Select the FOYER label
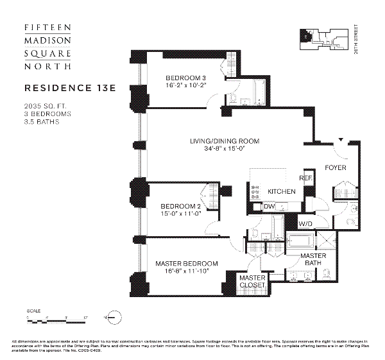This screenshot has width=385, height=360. [x=335, y=167]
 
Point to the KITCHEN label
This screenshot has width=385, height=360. [x=281, y=191]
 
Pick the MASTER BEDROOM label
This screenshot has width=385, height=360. [x=187, y=263]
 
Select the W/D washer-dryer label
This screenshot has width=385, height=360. [x=305, y=223]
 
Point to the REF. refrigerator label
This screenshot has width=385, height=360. [x=305, y=178]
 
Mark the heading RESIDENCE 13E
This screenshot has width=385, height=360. [x=69, y=87]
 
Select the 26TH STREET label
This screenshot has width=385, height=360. [x=356, y=40]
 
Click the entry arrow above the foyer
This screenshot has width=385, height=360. [x=341, y=139]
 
